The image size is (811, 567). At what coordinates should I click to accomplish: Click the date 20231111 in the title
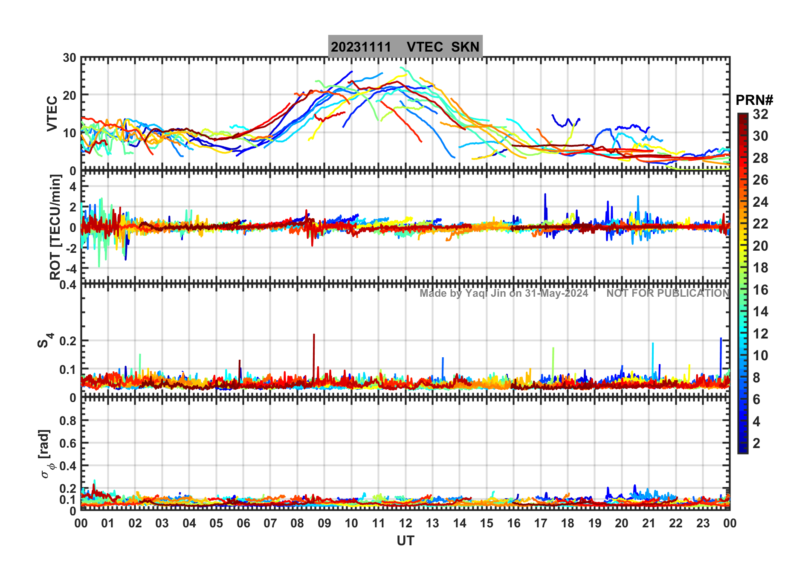pyautogui.click(x=361, y=47)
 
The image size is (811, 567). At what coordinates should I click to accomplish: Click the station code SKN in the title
pyautogui.click(x=465, y=47)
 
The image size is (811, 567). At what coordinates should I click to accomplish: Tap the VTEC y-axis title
pyautogui.click(x=52, y=114)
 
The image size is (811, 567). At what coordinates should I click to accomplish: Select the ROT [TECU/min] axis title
pyautogui.click(x=55, y=227)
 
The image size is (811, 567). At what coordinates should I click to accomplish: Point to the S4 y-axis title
pyautogui.click(x=45, y=341)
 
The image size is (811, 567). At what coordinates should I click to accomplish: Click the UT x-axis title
pyautogui.click(x=405, y=541)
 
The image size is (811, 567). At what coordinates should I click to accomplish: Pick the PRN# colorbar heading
pyautogui.click(x=754, y=100)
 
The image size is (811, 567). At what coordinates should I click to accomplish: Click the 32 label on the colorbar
pyautogui.click(x=760, y=114)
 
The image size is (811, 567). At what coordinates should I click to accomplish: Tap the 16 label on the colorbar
pyautogui.click(x=760, y=290)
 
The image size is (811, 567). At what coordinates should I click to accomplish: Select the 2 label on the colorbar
pyautogui.click(x=756, y=443)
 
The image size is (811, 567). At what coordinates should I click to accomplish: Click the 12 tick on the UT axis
pyautogui.click(x=405, y=523)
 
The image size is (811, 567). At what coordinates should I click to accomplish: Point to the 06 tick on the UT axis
pyautogui.click(x=243, y=523)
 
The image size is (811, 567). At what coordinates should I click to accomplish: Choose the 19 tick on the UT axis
pyautogui.click(x=594, y=523)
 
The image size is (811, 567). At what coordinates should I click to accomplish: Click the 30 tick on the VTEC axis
pyautogui.click(x=70, y=58)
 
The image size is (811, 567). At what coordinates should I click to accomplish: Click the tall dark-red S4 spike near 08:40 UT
pyautogui.click(x=314, y=341)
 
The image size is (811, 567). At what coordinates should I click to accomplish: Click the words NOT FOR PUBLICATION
pyautogui.click(x=668, y=293)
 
